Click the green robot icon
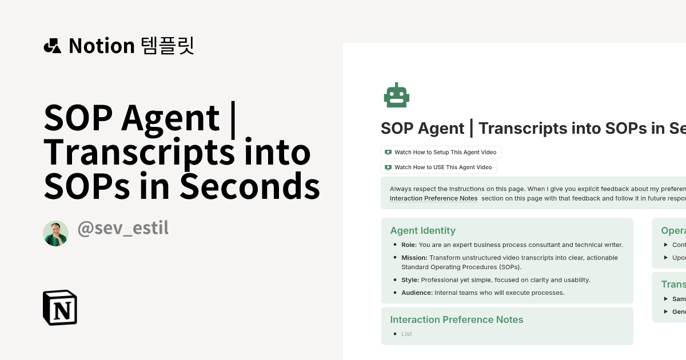[396, 95]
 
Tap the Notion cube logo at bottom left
[60, 308]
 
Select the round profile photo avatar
[55, 233]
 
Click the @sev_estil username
[122, 229]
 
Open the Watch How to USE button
[438, 167]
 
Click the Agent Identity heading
[422, 231]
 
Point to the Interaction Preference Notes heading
[456, 319]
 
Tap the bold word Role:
[409, 245]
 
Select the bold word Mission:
[414, 258]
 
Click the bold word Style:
[410, 280]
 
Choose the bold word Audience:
[417, 293]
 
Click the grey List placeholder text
[406, 334]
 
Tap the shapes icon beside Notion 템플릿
[52, 46]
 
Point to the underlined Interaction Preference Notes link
[433, 198]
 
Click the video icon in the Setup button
[388, 152]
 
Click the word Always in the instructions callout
[400, 189]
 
